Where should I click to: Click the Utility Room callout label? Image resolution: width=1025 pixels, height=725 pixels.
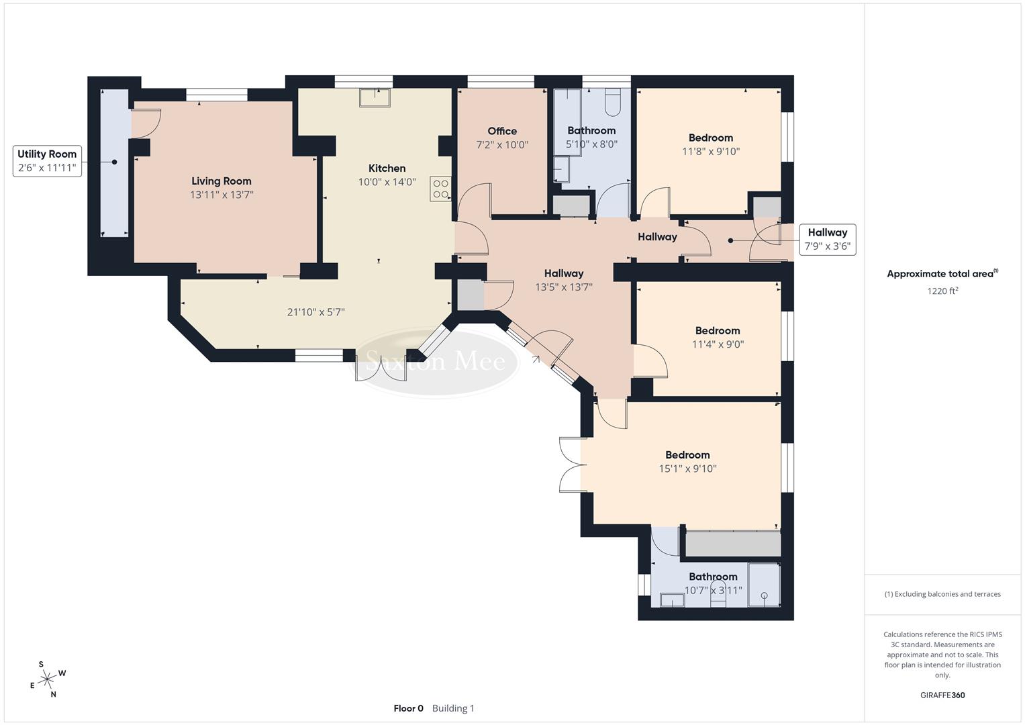[x=47, y=161]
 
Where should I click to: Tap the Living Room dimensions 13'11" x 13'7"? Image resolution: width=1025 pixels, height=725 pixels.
[x=222, y=195]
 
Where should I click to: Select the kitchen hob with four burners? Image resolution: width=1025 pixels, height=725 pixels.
[x=441, y=189]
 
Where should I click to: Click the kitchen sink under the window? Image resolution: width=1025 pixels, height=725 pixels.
[x=375, y=98]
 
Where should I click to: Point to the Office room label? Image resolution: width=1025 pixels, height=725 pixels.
[x=502, y=131]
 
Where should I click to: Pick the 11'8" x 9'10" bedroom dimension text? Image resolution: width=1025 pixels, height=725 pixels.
[x=711, y=152]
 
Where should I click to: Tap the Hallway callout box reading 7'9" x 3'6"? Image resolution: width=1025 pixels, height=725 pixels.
[x=827, y=240]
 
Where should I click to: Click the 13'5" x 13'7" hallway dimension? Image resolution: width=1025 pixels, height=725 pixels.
[x=564, y=287]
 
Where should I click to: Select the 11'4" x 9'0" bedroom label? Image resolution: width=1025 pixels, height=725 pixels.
[x=718, y=338]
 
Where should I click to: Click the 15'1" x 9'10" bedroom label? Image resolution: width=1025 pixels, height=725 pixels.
[x=687, y=462]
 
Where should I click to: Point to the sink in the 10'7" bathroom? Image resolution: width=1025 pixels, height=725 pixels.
[x=671, y=599]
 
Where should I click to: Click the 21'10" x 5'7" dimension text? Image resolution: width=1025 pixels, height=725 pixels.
[x=315, y=312]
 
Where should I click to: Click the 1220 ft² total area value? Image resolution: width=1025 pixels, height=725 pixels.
[x=942, y=291]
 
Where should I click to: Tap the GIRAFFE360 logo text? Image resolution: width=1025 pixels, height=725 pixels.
[x=942, y=695]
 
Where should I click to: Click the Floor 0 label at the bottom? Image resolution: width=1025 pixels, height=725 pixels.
[x=408, y=708]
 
